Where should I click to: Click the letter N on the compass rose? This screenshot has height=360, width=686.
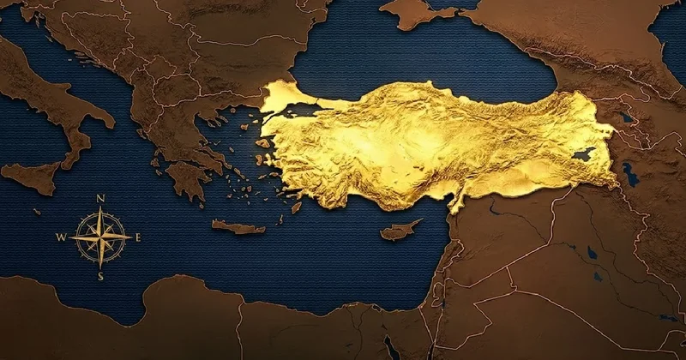[101, 199]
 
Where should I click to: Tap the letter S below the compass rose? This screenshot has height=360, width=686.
[100, 276]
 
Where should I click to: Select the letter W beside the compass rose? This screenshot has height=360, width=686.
[62, 237]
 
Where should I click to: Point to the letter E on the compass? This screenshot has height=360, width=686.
[138, 237]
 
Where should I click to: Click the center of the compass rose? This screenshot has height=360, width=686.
[100, 237]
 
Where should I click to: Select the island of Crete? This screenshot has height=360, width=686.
[238, 227]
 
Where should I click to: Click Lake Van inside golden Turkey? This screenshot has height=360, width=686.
[582, 155]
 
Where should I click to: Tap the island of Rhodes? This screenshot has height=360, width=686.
[297, 207]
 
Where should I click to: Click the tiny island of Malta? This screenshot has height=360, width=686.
[37, 210]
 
